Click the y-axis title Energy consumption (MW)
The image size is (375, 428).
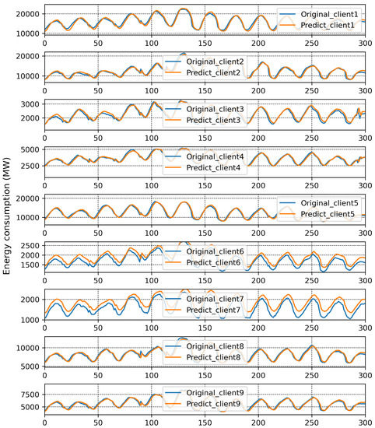click(x=7, y=214)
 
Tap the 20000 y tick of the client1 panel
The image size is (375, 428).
click(x=27, y=14)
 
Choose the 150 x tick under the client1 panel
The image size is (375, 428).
click(x=204, y=44)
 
